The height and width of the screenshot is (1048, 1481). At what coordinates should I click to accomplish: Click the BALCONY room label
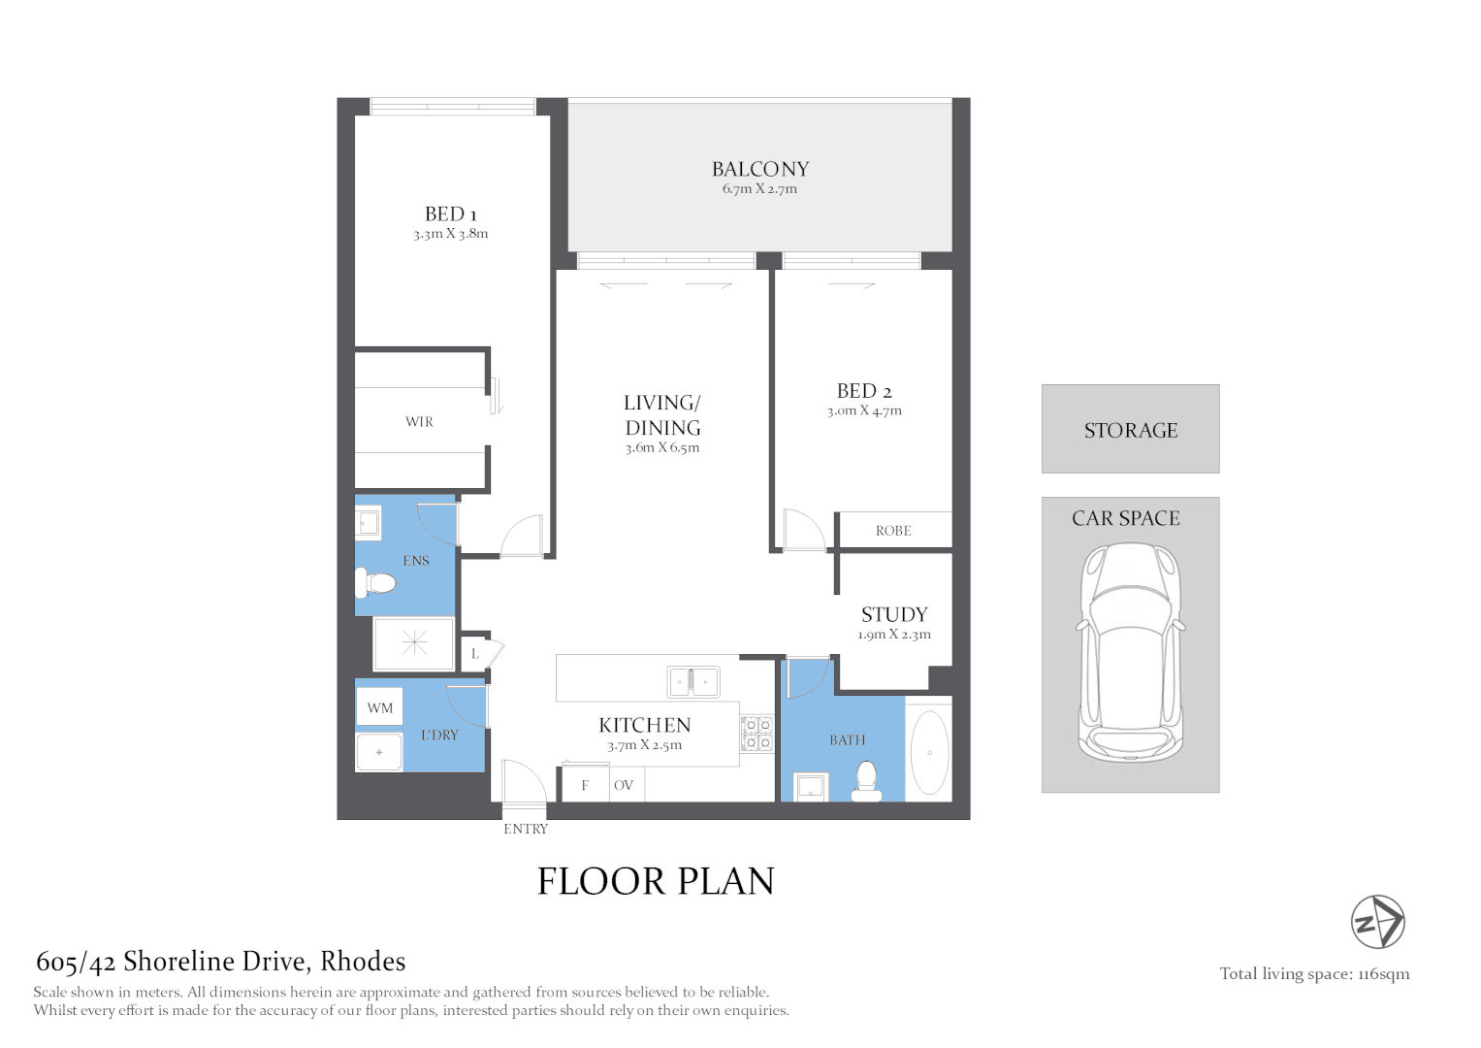coord(760,169)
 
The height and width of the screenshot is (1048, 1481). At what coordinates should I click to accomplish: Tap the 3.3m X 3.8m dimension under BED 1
coord(451,234)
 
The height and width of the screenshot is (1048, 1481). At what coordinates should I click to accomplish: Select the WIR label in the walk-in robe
coord(419,421)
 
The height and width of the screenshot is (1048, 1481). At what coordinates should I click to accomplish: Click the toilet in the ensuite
coord(376,583)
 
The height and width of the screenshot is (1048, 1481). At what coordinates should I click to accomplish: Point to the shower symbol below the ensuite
coord(414,642)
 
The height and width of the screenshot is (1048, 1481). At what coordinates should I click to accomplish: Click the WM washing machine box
coord(380,707)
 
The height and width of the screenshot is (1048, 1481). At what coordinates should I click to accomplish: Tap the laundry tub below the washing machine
coord(379,752)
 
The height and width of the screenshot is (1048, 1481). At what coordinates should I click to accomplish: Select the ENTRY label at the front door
coord(526,829)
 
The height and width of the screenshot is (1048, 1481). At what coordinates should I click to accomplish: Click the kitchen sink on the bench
coord(692,681)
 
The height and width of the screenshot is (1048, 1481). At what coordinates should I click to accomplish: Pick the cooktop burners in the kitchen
coord(757,734)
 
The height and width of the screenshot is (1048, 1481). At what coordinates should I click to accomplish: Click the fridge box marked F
coord(585,785)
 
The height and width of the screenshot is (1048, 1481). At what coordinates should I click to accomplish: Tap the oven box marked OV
coord(624,785)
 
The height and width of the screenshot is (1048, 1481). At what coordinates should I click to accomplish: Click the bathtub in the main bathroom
coord(929,753)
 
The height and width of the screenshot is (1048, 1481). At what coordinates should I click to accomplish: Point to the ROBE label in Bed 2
coord(893,531)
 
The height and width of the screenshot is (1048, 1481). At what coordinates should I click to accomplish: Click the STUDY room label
coord(894,614)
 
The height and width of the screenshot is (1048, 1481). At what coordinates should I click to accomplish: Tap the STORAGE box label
coord(1131,430)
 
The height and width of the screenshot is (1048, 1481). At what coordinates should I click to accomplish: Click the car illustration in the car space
coord(1131,652)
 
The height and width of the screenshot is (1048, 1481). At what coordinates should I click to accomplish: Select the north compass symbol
coord(1378,922)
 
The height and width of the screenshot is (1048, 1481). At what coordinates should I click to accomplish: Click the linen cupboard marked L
coord(474,654)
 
